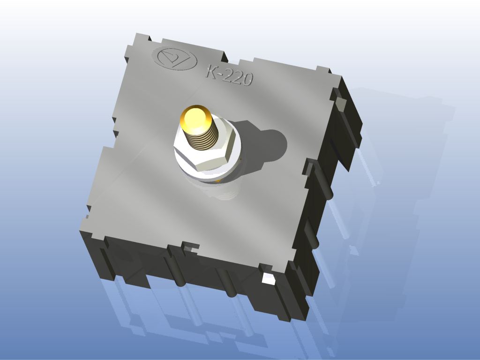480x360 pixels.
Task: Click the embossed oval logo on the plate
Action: pyautogui.click(x=176, y=58)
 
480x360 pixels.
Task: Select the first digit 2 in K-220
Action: pyautogui.click(x=227, y=75)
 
